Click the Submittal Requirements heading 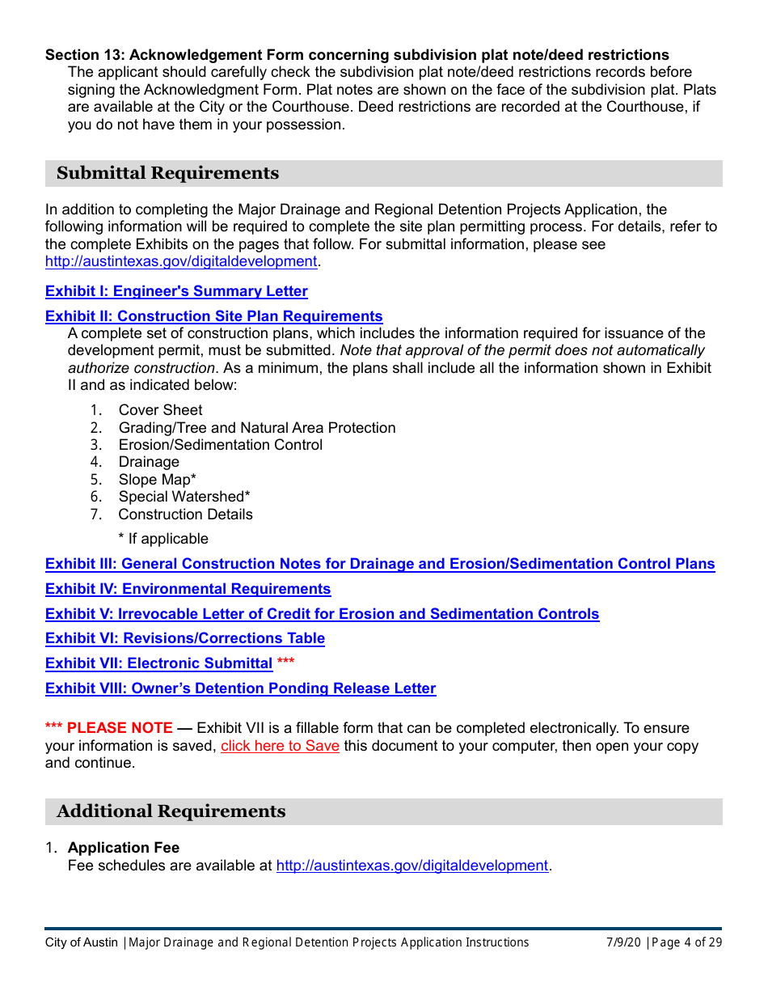167,173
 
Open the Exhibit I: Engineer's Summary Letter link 176,291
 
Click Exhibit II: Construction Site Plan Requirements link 213,316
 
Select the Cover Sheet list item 160,410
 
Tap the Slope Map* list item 157,480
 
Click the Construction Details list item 185,514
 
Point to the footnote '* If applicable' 162,539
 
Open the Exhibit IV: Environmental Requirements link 188,589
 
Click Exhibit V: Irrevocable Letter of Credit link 322,614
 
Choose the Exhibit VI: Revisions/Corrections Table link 184,638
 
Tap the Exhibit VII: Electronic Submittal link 158,663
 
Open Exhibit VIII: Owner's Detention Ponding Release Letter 240,688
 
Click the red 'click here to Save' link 280,746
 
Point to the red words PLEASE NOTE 120,728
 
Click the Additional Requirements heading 171,811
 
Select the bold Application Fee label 124,848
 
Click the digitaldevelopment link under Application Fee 412,866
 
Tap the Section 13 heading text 357,55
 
